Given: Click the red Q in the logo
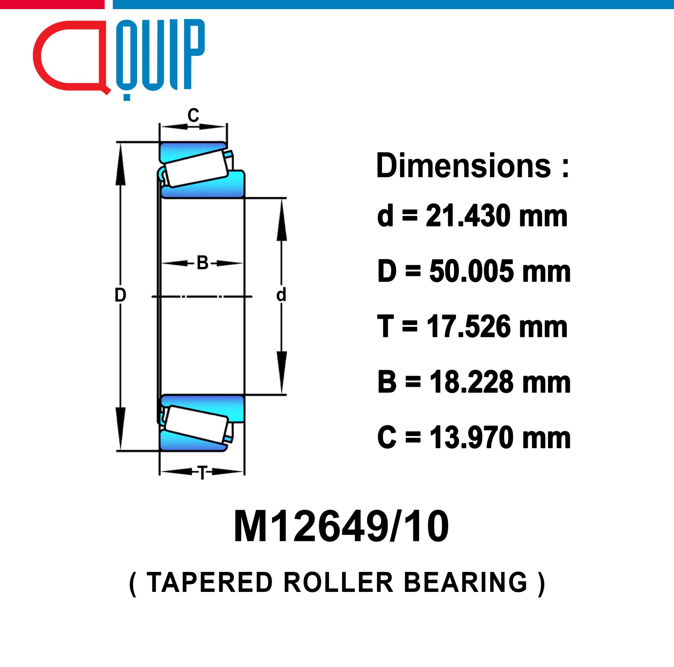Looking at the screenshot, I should (x=70, y=56).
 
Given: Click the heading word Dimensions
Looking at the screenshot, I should (x=463, y=166).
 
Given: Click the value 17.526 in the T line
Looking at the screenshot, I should (x=469, y=327).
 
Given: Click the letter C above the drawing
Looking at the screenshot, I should (x=193, y=115).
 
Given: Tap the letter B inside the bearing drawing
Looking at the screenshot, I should (x=203, y=263).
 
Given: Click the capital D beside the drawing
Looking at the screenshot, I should (x=120, y=295).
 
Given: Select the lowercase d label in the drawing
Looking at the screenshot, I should (x=281, y=295).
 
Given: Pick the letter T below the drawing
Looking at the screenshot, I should (x=203, y=473).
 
